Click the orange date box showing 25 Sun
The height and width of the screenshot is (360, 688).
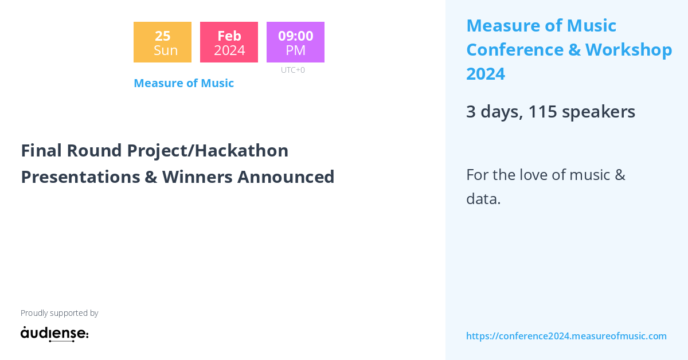[162, 42]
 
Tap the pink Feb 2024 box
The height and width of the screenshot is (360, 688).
[229, 42]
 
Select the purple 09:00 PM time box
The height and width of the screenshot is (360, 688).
[295, 42]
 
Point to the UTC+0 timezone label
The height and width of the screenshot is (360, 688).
[293, 70]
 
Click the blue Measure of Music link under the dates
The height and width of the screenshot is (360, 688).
[183, 83]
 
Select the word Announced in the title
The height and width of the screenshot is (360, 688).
[286, 177]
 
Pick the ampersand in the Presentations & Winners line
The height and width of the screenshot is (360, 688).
[151, 177]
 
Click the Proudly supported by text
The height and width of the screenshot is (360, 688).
[59, 313]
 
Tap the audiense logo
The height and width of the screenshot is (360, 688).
[54, 334]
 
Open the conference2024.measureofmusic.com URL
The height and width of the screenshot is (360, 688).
[566, 336]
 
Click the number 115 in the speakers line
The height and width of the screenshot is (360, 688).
[542, 112]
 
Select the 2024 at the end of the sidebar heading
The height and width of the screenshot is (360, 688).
[486, 74]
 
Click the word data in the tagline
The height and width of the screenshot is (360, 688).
[482, 199]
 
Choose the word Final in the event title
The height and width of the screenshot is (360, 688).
[42, 150]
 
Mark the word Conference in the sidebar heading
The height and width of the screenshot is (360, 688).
[514, 50]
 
